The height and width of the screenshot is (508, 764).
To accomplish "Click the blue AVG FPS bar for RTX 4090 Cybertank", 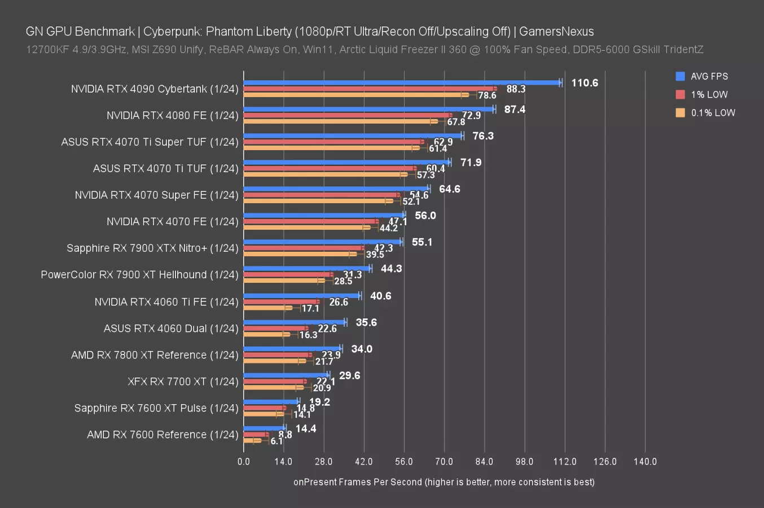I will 402,82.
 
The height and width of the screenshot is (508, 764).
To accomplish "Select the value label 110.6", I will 584,83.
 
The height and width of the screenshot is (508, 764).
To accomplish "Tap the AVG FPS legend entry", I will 709,76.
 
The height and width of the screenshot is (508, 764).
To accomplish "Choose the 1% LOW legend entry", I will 709,94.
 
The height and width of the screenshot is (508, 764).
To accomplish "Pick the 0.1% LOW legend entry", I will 713,112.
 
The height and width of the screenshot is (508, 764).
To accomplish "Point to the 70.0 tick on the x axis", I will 444,461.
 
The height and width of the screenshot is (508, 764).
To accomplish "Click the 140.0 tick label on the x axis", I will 645,461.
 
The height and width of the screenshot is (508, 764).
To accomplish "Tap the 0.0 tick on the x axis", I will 244,461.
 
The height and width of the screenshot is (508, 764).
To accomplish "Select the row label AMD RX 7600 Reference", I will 163,435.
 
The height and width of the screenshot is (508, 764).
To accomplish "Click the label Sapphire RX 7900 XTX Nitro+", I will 152,248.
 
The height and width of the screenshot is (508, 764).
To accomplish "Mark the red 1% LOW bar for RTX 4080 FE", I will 347,115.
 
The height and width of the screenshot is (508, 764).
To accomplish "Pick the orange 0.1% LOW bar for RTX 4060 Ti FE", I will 267,308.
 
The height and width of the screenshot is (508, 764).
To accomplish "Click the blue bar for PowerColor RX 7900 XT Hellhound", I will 306,269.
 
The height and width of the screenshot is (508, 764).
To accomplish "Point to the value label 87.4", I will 515,110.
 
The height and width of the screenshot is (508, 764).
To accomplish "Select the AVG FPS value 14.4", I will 305,428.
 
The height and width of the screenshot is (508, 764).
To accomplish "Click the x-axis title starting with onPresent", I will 444,481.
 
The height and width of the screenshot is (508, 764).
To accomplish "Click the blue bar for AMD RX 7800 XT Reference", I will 292,349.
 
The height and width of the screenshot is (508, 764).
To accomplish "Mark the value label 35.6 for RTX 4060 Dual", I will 366,322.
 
